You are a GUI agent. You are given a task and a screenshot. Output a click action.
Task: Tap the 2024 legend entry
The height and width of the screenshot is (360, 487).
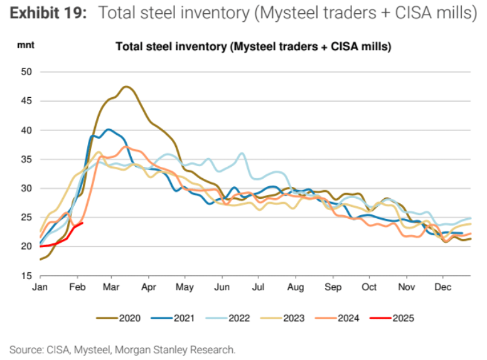coord(338,318)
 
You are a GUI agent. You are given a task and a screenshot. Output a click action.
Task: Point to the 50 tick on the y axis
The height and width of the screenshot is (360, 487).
coord(27,71)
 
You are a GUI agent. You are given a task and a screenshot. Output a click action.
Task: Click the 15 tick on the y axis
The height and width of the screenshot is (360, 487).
coord(27,276)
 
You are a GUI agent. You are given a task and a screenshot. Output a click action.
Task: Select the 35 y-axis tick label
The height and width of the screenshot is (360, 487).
coord(27,159)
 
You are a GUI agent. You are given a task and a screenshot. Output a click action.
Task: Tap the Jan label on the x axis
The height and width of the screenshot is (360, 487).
coord(40,287)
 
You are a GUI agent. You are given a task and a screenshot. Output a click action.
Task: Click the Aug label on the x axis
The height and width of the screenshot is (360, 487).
coord(296,287)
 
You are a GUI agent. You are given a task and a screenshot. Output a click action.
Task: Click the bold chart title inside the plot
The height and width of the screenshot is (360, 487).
coord(254,46)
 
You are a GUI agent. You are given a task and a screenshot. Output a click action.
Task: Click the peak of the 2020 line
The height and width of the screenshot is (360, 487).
coord(127,87)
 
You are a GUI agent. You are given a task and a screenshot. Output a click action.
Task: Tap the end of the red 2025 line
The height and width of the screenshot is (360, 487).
coord(83,223)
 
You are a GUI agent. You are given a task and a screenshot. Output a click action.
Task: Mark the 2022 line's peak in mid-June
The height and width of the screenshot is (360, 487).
coord(242,152)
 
